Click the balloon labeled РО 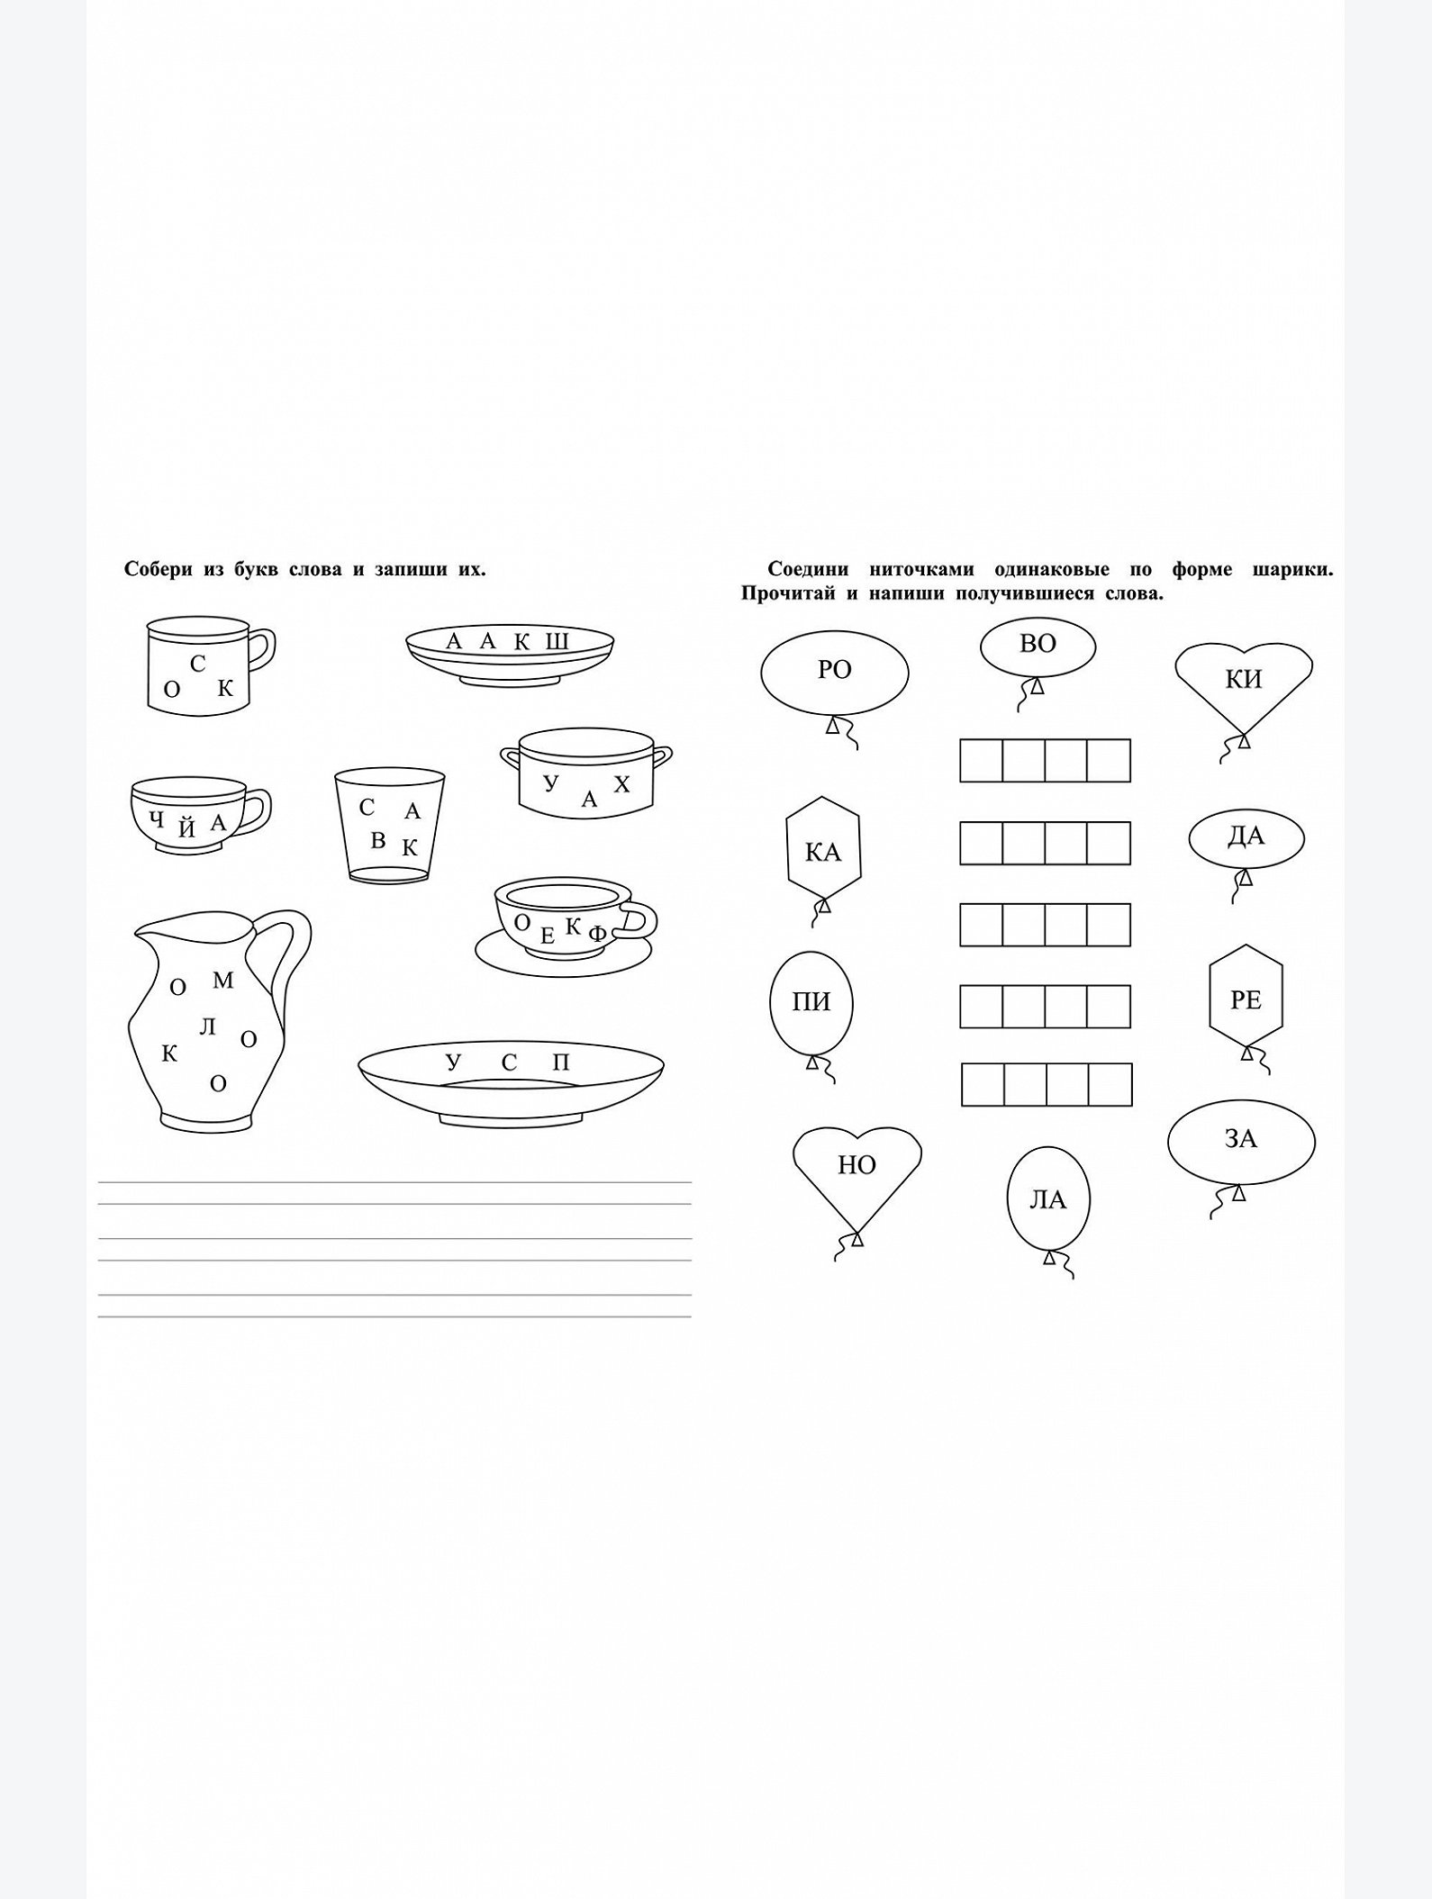coord(835,672)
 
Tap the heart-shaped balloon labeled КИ coord(1244,684)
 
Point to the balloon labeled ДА coord(1246,838)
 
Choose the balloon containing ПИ coord(811,1002)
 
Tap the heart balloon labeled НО coord(857,1171)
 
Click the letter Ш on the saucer coord(557,642)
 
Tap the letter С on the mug coord(198,664)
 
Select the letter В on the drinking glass coord(378,840)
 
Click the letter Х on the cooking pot coord(621,784)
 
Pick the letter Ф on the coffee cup coord(597,934)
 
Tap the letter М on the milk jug coord(222,981)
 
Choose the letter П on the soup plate coord(561,1063)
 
